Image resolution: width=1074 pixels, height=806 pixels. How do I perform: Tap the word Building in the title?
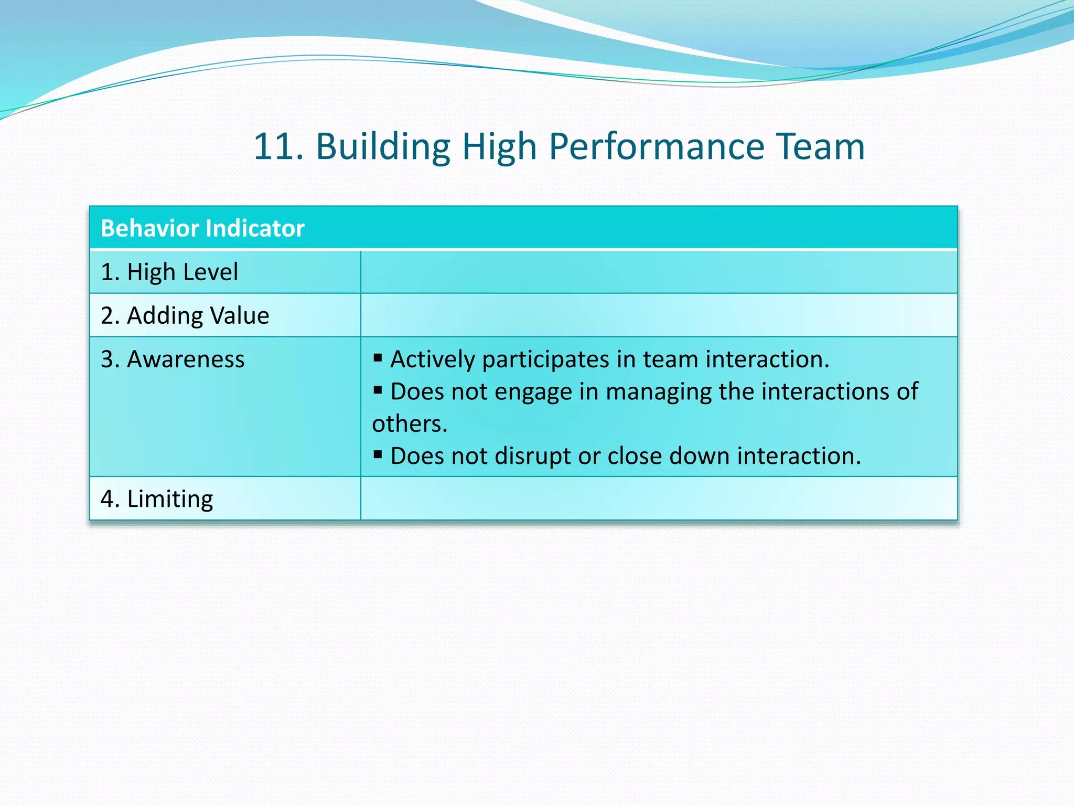pyautogui.click(x=383, y=146)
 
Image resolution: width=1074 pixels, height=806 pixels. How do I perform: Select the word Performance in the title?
pyautogui.click(x=657, y=146)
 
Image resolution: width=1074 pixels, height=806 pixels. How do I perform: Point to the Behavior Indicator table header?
pyautogui.click(x=202, y=228)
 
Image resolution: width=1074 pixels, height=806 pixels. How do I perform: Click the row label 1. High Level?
pyautogui.click(x=169, y=272)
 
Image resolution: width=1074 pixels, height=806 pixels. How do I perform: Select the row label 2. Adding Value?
pyautogui.click(x=185, y=316)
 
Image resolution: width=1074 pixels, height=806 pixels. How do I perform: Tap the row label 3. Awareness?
pyautogui.click(x=173, y=359)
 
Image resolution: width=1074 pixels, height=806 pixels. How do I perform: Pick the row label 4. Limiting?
pyautogui.click(x=157, y=499)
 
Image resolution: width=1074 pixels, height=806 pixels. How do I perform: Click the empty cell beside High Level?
pyautogui.click(x=659, y=272)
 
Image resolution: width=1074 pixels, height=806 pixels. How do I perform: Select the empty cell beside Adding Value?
pyautogui.click(x=659, y=315)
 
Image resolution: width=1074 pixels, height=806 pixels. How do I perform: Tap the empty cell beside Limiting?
pyautogui.click(x=659, y=499)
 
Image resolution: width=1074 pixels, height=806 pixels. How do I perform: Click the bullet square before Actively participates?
pyautogui.click(x=378, y=358)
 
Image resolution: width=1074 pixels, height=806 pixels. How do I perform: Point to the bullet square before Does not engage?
pyautogui.click(x=378, y=390)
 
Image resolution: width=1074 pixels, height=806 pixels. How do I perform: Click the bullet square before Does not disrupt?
pyautogui.click(x=378, y=454)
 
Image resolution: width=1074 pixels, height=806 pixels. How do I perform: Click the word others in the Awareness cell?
pyautogui.click(x=409, y=424)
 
